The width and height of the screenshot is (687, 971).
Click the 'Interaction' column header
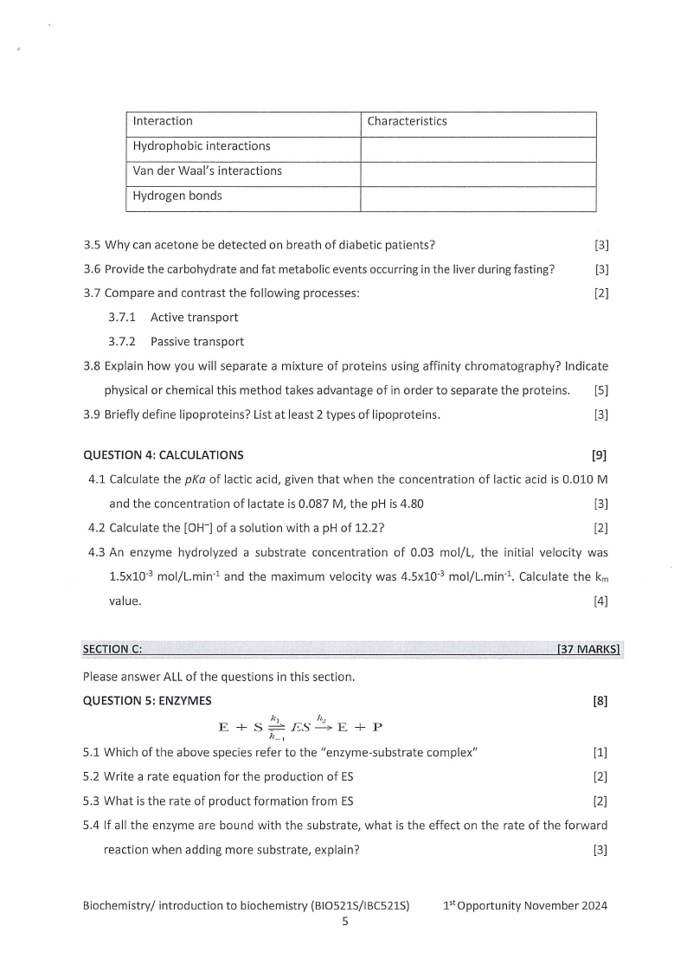pos(163,121)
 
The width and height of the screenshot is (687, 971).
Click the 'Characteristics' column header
pos(407,121)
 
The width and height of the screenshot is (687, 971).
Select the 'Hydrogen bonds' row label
pos(177,196)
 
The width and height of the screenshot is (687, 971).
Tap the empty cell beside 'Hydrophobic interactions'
pos(478,146)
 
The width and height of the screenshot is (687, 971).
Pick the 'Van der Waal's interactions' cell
pos(207,170)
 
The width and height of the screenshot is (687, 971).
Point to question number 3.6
pos(92,269)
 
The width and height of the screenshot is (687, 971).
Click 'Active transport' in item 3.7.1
pos(194,318)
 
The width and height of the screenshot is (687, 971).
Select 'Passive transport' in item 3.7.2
pos(196,342)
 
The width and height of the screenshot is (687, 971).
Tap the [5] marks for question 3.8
pos(601,390)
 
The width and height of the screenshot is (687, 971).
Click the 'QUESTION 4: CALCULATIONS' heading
pos(163,455)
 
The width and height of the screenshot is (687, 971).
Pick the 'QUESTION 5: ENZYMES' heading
pos(146,701)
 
